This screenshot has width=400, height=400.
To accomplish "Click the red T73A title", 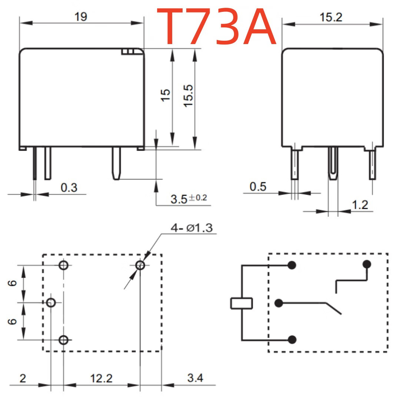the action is point(216,27).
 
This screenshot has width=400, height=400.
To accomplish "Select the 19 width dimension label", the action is point(81,17).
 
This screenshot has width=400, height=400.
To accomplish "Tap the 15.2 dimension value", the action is point(331,17).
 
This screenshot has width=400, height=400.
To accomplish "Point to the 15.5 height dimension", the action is point(189,96).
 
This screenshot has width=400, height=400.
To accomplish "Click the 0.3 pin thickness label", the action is point(69,187).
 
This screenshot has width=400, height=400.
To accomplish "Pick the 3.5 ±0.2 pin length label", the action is point(189,199).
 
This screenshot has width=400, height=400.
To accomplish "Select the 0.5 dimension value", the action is point(258,187).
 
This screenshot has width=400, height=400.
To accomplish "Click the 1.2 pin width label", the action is point(360,205).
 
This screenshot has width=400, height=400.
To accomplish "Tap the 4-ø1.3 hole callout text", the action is point(191,228).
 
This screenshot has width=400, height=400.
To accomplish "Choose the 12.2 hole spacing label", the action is point(101,378).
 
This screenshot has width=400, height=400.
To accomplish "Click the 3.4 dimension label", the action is point(195,378).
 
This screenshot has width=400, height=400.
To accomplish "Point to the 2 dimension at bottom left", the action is point(23,378).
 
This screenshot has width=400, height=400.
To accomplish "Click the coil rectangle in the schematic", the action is point(241,303).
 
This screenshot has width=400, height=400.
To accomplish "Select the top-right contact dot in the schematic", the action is point(367,264).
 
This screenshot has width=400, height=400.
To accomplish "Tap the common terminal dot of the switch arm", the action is point(279,303).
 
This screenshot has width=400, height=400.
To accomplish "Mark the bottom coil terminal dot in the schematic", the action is point(292,340).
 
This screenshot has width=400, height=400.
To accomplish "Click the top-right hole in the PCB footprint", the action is point(140,265).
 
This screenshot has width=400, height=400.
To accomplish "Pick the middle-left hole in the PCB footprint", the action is point(51,303).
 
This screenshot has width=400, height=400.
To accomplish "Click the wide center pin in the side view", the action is point(333,163).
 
